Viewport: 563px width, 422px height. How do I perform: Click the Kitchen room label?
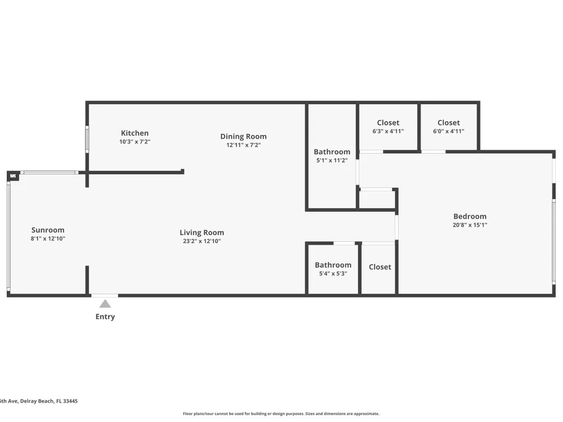coord(135,133)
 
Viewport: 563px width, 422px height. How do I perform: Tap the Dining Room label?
coord(243,136)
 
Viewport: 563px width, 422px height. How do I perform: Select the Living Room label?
coord(202,232)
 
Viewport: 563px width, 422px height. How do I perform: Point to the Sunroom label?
coord(48,230)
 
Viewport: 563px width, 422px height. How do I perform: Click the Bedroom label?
coord(470,217)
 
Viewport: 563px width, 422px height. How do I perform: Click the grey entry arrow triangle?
coord(105,304)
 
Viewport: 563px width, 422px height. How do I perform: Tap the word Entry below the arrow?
coord(105,316)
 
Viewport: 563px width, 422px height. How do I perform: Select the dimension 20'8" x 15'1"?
coord(470,225)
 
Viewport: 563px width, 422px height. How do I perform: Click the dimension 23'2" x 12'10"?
coord(202,241)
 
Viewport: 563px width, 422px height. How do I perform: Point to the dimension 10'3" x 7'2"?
coord(135,142)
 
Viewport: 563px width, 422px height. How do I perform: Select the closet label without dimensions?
coord(380,267)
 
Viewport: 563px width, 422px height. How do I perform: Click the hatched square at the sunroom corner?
coord(13,176)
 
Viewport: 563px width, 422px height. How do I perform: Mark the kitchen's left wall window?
coord(87,139)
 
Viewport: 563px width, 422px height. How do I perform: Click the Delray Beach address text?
coord(39,401)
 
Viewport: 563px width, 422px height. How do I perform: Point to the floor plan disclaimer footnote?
coord(281,414)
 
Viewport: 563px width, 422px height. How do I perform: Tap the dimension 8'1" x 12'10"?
coord(48,239)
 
